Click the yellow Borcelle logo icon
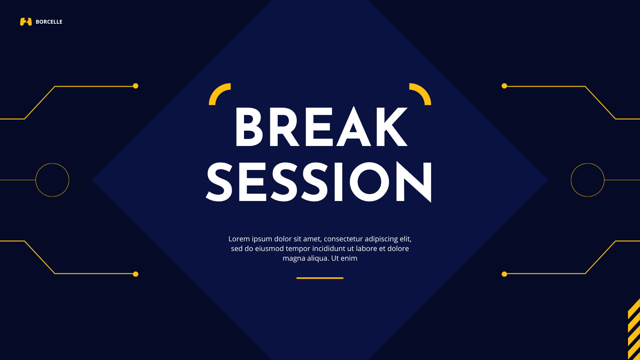(26, 22)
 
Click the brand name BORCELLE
(49, 22)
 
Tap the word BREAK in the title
(321, 127)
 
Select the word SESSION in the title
(319, 182)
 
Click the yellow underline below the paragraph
(320, 278)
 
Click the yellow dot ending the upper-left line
(136, 86)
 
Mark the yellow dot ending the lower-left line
(136, 274)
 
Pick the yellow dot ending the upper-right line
(504, 86)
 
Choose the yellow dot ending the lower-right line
(504, 274)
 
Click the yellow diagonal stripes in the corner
(634, 330)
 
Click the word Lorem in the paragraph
(239, 239)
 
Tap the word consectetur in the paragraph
(343, 239)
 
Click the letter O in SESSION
(369, 182)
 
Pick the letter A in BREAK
(354, 127)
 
